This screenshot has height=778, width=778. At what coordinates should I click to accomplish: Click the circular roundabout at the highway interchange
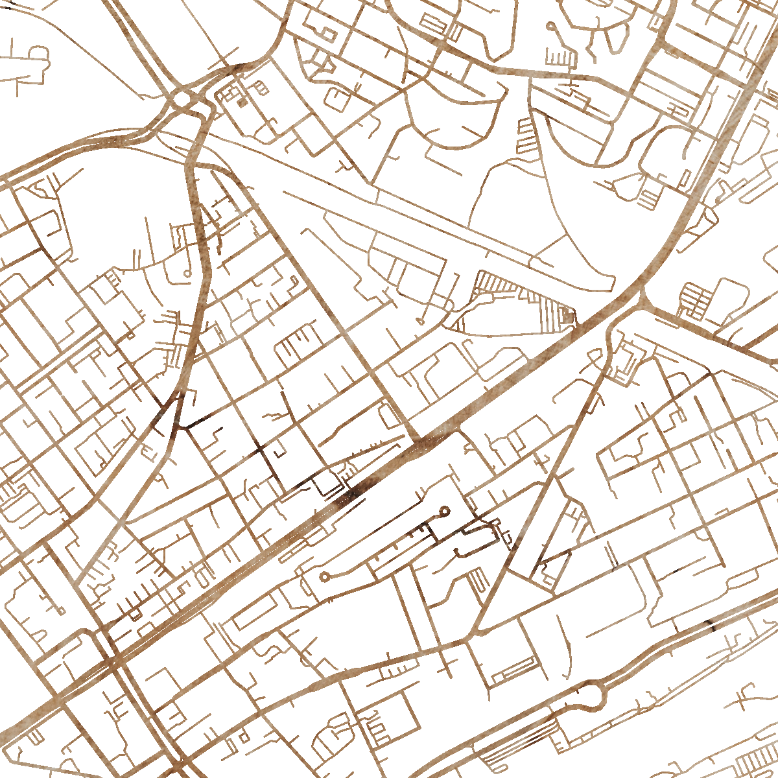tap(183, 99)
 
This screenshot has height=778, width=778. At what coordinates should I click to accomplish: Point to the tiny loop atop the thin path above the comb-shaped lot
tap(550, 27)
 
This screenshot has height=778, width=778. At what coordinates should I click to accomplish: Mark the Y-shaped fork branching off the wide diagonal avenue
tap(642, 300)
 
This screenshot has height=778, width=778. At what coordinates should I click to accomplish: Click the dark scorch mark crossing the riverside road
tap(710, 625)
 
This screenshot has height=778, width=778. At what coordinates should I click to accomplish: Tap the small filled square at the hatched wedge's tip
tap(569, 316)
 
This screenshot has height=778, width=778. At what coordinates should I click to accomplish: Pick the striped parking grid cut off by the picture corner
tap(759, 765)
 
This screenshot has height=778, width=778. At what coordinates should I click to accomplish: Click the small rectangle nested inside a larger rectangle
tap(328, 33)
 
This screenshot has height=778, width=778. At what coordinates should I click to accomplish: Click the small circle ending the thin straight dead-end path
tap(420, 320)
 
